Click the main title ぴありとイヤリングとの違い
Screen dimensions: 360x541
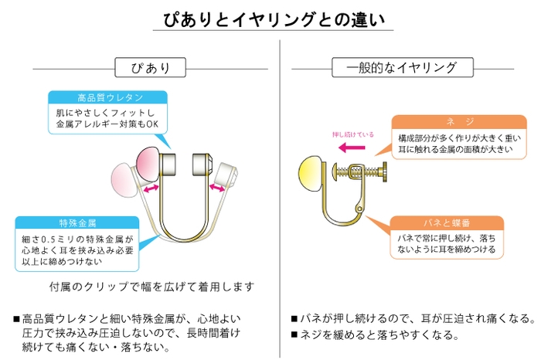pos(270,18)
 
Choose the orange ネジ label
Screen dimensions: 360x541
pos(448,122)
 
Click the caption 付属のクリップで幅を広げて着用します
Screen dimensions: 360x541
pos(151,287)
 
